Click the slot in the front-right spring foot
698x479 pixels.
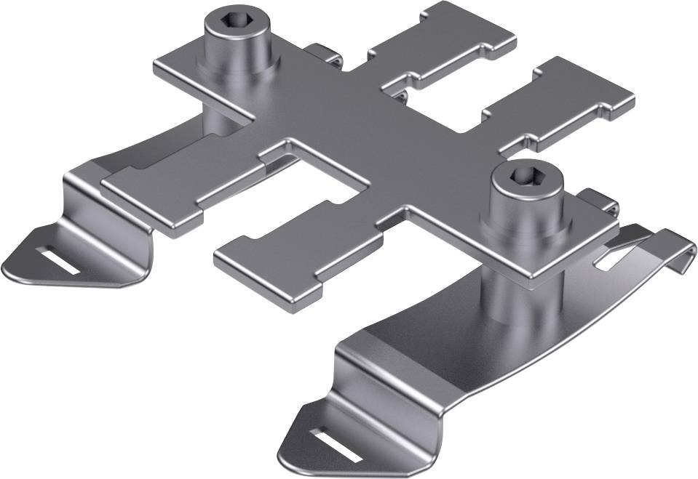pyautogui.click(x=338, y=443)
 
